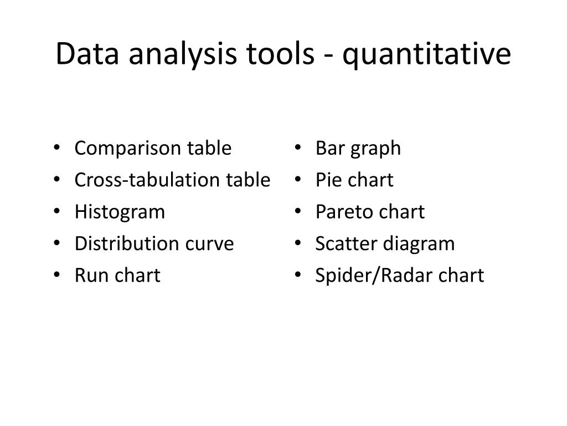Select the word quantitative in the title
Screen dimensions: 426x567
(426, 54)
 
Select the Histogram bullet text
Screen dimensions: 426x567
(120, 212)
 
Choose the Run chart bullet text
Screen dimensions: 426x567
(117, 275)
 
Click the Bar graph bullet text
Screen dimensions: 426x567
(358, 149)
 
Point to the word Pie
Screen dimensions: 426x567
(325, 180)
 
